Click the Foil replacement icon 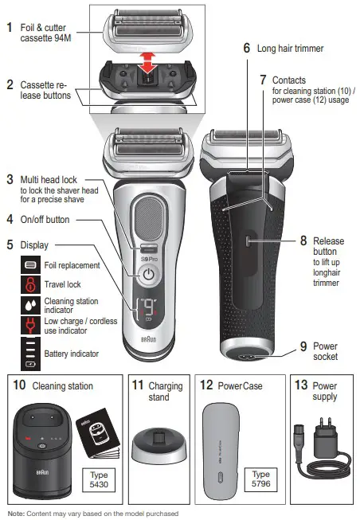pos(30,264)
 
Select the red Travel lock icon pos(30,283)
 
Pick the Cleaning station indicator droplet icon pos(30,303)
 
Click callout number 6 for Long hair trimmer pos(247,48)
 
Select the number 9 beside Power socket pos(303,346)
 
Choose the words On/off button pos(52,218)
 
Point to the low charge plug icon pos(30,324)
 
